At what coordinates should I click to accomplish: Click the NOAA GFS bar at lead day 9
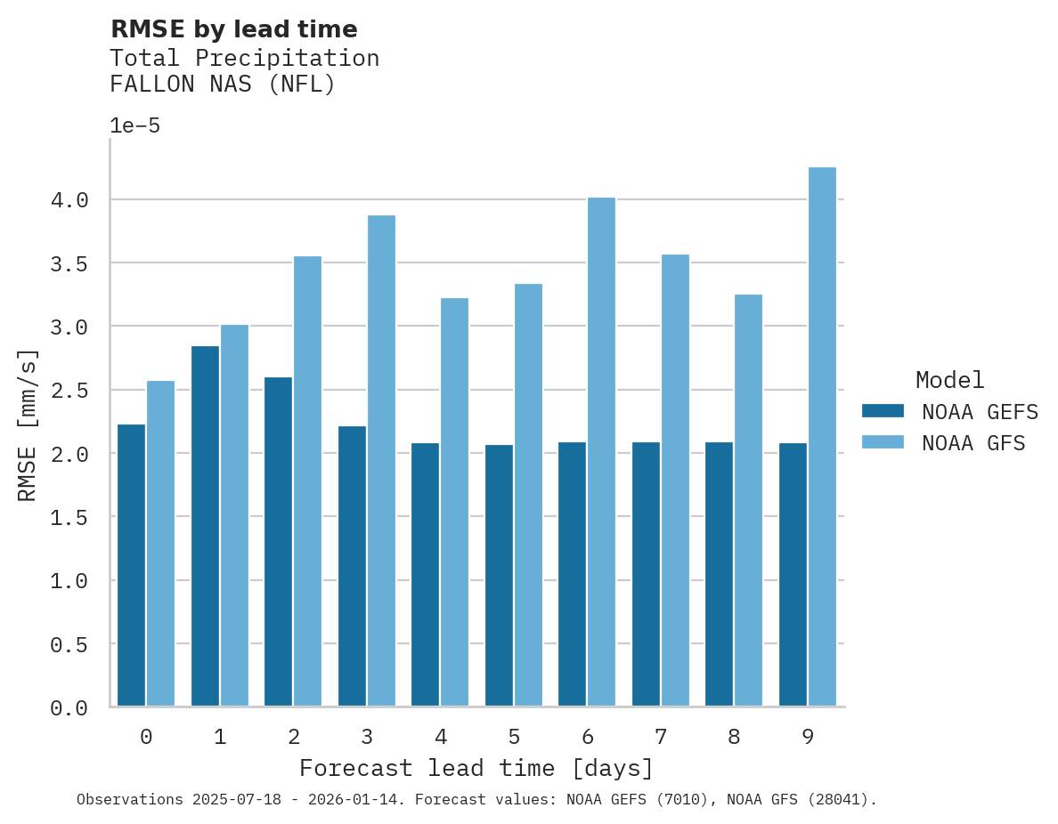pyautogui.click(x=822, y=436)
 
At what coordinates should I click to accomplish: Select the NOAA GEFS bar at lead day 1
pyautogui.click(x=205, y=525)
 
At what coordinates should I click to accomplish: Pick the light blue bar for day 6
pyautogui.click(x=601, y=451)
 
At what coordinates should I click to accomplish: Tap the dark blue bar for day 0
pyautogui.click(x=131, y=565)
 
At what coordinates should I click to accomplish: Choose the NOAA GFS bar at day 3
pyautogui.click(x=381, y=460)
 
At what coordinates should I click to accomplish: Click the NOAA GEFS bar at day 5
pyautogui.click(x=499, y=575)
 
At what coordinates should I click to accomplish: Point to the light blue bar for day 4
pyautogui.click(x=454, y=502)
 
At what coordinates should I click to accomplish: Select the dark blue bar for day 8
pyautogui.click(x=719, y=574)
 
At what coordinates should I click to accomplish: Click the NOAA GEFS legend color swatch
pyautogui.click(x=883, y=411)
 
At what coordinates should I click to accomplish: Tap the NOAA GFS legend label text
pyautogui.click(x=973, y=443)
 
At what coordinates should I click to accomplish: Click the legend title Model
pyautogui.click(x=949, y=380)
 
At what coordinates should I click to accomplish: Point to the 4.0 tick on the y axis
pyautogui.click(x=69, y=200)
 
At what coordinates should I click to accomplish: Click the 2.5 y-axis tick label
pyautogui.click(x=69, y=391)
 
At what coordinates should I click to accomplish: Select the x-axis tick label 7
pyautogui.click(x=661, y=737)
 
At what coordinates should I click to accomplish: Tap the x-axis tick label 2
pyautogui.click(x=293, y=737)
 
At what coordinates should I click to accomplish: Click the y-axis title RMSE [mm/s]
pyautogui.click(x=28, y=425)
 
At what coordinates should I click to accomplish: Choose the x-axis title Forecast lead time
pyautogui.click(x=476, y=768)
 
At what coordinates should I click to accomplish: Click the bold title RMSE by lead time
pyautogui.click(x=233, y=29)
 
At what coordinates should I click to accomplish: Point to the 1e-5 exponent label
pyautogui.click(x=134, y=125)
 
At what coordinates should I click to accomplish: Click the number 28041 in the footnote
pyautogui.click(x=836, y=799)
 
